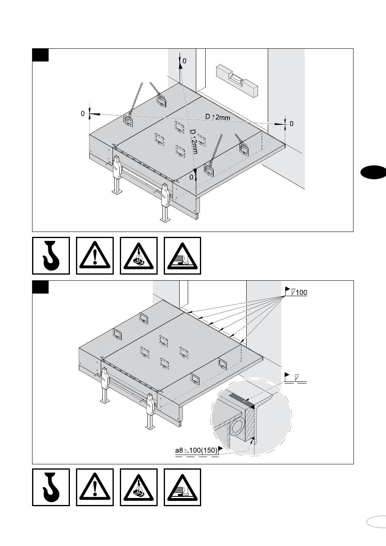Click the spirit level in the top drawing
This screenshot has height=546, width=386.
pos(237,81)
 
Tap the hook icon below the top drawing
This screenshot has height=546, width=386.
pos(51,256)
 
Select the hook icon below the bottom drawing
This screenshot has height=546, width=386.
pos(51,487)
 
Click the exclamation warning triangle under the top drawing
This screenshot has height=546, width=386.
pos(95,256)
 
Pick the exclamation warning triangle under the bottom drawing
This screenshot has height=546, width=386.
pos(95,487)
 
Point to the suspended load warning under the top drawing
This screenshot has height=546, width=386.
pos(139,256)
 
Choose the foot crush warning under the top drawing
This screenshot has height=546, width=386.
pos(182,256)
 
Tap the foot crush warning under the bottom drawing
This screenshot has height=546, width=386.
pos(182,487)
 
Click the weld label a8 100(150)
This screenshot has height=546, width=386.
pos(197,451)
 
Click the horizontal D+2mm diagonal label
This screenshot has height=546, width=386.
pos(218,117)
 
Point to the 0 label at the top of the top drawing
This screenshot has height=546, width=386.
pos(184,61)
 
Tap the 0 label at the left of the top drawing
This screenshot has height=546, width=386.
pos(82,114)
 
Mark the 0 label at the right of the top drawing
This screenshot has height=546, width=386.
pos(291,123)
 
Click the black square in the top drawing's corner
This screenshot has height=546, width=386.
pos(41,55)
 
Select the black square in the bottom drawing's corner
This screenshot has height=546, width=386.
pos(41,287)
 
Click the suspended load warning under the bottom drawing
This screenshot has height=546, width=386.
pos(139,487)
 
